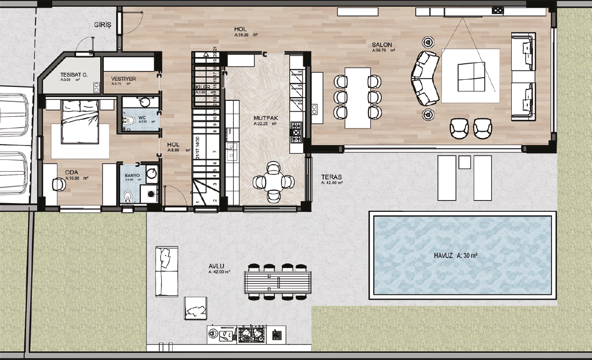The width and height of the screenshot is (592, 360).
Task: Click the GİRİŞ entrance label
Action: click(103, 25)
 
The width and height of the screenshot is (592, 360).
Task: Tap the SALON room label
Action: click(382, 45)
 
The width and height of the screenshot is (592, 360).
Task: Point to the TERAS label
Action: click(331, 176)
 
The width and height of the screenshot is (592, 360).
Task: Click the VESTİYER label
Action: click(123, 79)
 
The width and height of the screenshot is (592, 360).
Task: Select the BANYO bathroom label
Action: click(133, 175)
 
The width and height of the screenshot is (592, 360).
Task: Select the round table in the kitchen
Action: click(273, 181)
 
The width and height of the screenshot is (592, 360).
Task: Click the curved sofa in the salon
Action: click(425, 78)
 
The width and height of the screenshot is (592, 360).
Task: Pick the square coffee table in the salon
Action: click(470, 76)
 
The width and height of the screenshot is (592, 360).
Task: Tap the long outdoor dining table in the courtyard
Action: click(278, 282)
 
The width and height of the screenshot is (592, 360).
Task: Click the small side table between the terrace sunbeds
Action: click(464, 163)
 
